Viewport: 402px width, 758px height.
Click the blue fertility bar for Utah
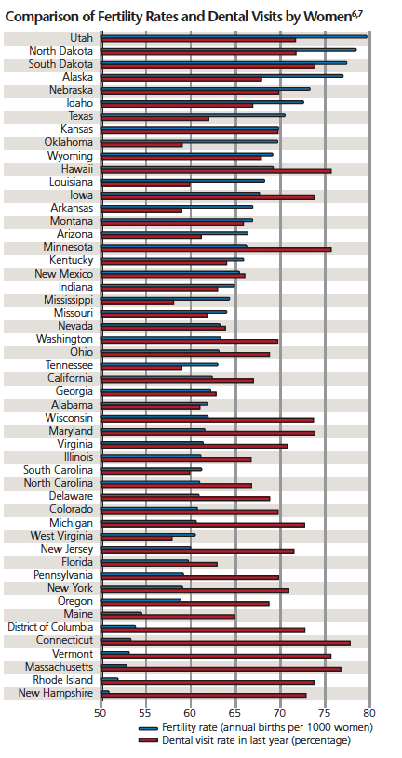click(x=234, y=36)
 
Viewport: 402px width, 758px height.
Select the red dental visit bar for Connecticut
click(x=226, y=643)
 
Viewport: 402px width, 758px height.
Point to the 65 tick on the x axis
click(x=235, y=712)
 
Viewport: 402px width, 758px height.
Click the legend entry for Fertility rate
click(x=255, y=727)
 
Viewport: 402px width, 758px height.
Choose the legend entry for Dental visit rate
click(x=244, y=740)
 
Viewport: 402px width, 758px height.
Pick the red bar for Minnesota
click(x=217, y=250)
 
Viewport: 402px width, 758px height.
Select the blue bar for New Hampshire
click(x=105, y=692)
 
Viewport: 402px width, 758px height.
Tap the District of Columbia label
click(x=50, y=627)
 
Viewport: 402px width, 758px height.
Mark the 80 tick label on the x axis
click(x=370, y=712)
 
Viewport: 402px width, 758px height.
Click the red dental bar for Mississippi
click(x=138, y=302)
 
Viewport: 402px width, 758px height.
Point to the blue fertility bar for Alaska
click(x=222, y=75)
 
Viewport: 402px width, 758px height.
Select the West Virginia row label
click(x=61, y=536)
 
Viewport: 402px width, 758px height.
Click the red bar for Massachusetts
click(x=221, y=669)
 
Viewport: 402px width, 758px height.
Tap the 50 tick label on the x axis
click(x=100, y=712)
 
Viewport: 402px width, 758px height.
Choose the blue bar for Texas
click(x=194, y=115)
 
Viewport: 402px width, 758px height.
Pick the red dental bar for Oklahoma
click(x=142, y=145)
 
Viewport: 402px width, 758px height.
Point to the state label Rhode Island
click(x=63, y=680)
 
